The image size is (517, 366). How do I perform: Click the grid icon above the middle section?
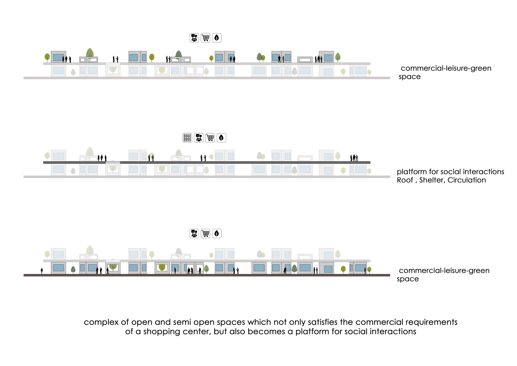pos(187,138)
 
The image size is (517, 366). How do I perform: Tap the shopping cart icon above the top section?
pos(206,38)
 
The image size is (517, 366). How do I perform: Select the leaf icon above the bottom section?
pos(217,233)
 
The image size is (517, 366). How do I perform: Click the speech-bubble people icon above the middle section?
pos(199,138)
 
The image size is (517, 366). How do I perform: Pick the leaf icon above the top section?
pos(217,38)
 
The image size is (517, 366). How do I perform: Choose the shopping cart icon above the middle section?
pos(210,138)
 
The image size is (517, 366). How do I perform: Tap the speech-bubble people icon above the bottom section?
pos(194,233)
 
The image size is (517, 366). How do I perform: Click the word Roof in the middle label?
pos(405,180)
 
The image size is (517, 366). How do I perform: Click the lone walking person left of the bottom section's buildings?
pos(42,271)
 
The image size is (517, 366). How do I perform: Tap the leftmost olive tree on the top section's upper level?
pos(47,57)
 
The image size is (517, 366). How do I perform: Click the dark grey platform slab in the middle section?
pos(233,163)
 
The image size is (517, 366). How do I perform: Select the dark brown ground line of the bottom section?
pos(207,275)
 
